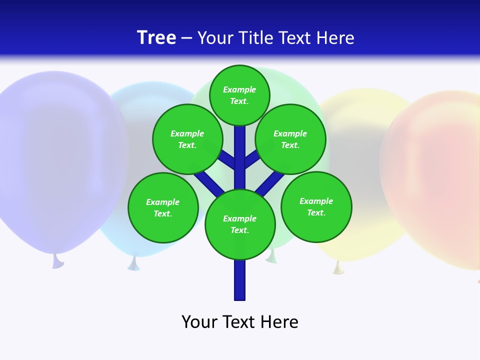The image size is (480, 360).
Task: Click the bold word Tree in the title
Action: pyautogui.click(x=156, y=38)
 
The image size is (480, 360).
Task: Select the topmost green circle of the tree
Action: pyautogui.click(x=239, y=95)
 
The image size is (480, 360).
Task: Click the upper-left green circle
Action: pyautogui.click(x=187, y=139)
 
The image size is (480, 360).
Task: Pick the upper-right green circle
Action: pyautogui.click(x=290, y=139)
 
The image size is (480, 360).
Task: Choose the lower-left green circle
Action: pyautogui.click(x=163, y=207)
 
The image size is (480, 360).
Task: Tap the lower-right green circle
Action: pyautogui.click(x=316, y=206)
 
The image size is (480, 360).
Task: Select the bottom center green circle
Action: pyautogui.click(x=240, y=224)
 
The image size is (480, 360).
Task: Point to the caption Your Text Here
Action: pyautogui.click(x=240, y=322)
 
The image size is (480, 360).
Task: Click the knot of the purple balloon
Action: pyautogui.click(x=57, y=261)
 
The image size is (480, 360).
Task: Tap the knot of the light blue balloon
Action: pyautogui.click(x=133, y=263)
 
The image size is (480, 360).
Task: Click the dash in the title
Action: pyautogui.click(x=186, y=38)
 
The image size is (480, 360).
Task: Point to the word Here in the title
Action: pyautogui.click(x=335, y=38)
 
